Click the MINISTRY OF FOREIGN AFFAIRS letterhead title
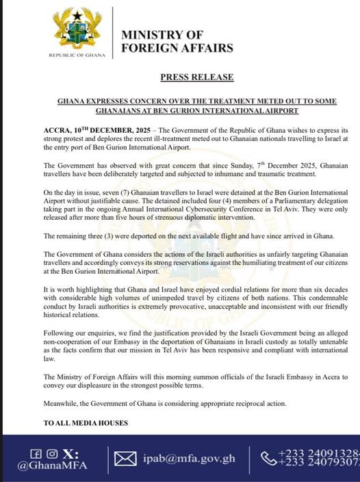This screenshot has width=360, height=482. pos(177,41)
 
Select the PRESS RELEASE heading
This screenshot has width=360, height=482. pos(196,77)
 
